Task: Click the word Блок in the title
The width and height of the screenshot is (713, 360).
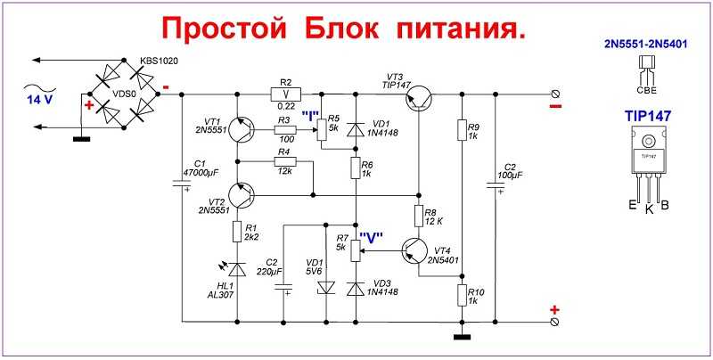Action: (342, 29)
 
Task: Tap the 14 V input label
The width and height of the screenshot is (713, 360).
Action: (39, 100)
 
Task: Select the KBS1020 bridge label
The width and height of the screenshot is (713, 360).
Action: (160, 61)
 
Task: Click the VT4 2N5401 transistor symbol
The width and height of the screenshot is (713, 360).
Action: (415, 250)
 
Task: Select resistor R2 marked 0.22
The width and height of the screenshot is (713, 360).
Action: (285, 94)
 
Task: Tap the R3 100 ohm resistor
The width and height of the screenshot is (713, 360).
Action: (285, 130)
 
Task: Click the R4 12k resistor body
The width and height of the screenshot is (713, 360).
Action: (285, 161)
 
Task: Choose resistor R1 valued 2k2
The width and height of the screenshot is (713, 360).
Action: (237, 232)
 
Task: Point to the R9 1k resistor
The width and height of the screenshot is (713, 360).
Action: (462, 129)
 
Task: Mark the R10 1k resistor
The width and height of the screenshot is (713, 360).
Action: (462, 295)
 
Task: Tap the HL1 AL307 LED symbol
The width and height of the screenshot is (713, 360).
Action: (236, 269)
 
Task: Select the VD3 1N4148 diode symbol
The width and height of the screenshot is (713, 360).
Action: (356, 289)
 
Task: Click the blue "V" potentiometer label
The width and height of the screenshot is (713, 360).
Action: (371, 237)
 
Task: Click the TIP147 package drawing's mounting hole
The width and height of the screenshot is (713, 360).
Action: (649, 143)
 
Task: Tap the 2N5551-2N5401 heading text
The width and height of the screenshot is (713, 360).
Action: (645, 44)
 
